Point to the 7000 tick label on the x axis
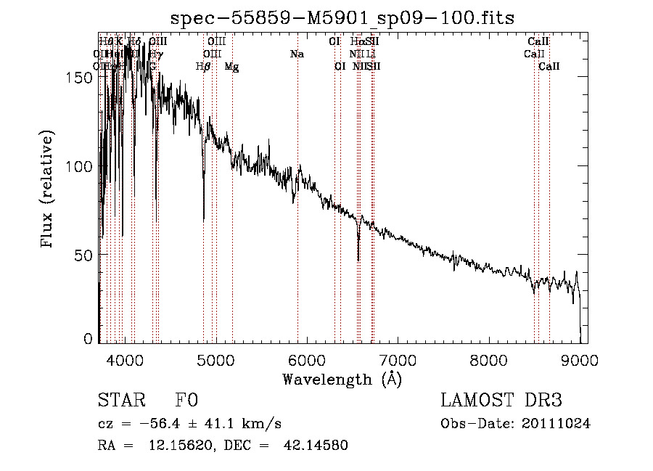(398, 361)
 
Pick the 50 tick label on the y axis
(86, 255)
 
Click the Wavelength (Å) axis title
(342, 378)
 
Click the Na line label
(296, 54)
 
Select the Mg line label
(231, 67)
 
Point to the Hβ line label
(203, 67)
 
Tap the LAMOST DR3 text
(501, 401)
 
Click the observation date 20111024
(559, 424)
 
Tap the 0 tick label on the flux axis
(89, 339)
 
